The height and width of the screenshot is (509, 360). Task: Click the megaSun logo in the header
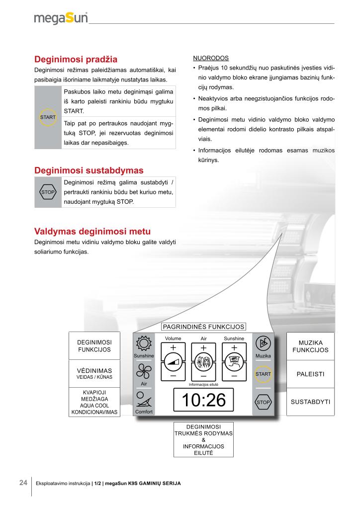click(x=61, y=18)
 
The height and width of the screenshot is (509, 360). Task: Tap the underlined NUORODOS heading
click(x=210, y=58)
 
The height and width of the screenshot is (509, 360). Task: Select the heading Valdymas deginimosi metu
click(x=92, y=231)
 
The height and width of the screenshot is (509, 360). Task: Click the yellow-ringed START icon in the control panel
click(x=263, y=374)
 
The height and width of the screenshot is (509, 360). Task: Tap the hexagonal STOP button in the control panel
click(x=263, y=402)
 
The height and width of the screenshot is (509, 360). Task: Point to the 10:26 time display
click(x=204, y=400)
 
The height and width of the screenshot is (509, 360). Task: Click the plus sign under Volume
click(x=173, y=347)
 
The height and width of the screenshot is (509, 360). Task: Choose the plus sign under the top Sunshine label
click(x=234, y=347)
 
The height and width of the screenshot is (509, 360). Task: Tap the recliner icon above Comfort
click(x=144, y=401)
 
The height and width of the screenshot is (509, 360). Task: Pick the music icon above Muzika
click(x=263, y=344)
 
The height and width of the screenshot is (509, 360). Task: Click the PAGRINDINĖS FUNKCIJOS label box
click(x=204, y=327)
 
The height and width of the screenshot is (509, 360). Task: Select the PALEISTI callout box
click(x=310, y=374)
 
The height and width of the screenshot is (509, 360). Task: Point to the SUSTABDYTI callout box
click(x=310, y=401)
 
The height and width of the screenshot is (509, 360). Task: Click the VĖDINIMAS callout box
click(x=94, y=373)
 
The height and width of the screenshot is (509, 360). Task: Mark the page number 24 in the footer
click(x=23, y=483)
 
